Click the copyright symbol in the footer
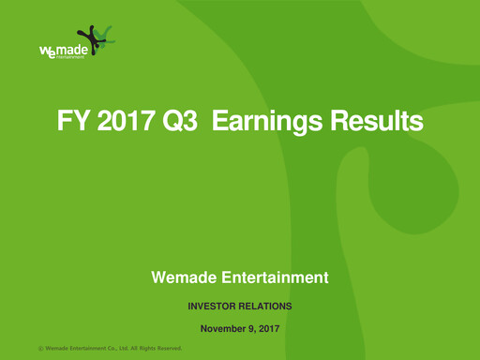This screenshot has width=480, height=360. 40,350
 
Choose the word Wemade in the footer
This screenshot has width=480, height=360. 60,350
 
